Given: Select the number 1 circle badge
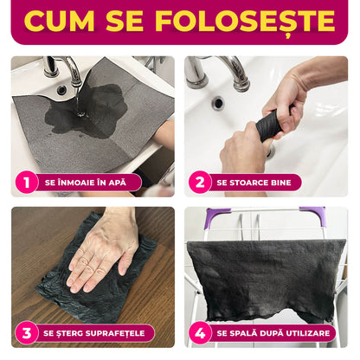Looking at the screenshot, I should point(26,182).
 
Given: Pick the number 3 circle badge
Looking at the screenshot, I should point(26,332).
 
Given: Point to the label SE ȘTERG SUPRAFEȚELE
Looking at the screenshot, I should point(97,332).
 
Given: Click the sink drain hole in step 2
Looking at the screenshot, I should point(217,102).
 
